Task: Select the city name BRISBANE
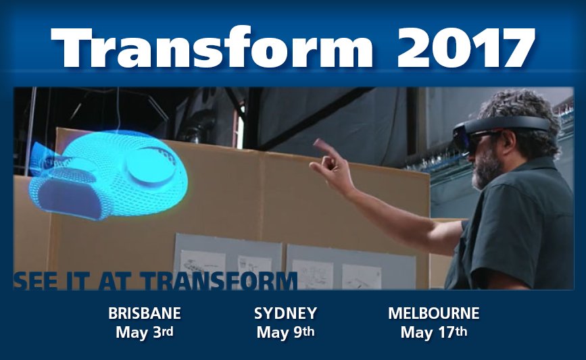[145, 313]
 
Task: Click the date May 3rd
[145, 332]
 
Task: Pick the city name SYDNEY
[285, 313]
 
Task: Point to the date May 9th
[285, 332]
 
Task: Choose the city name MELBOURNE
[433, 313]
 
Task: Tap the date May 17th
[433, 332]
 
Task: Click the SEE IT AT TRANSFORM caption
[155, 280]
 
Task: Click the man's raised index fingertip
[316, 142]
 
